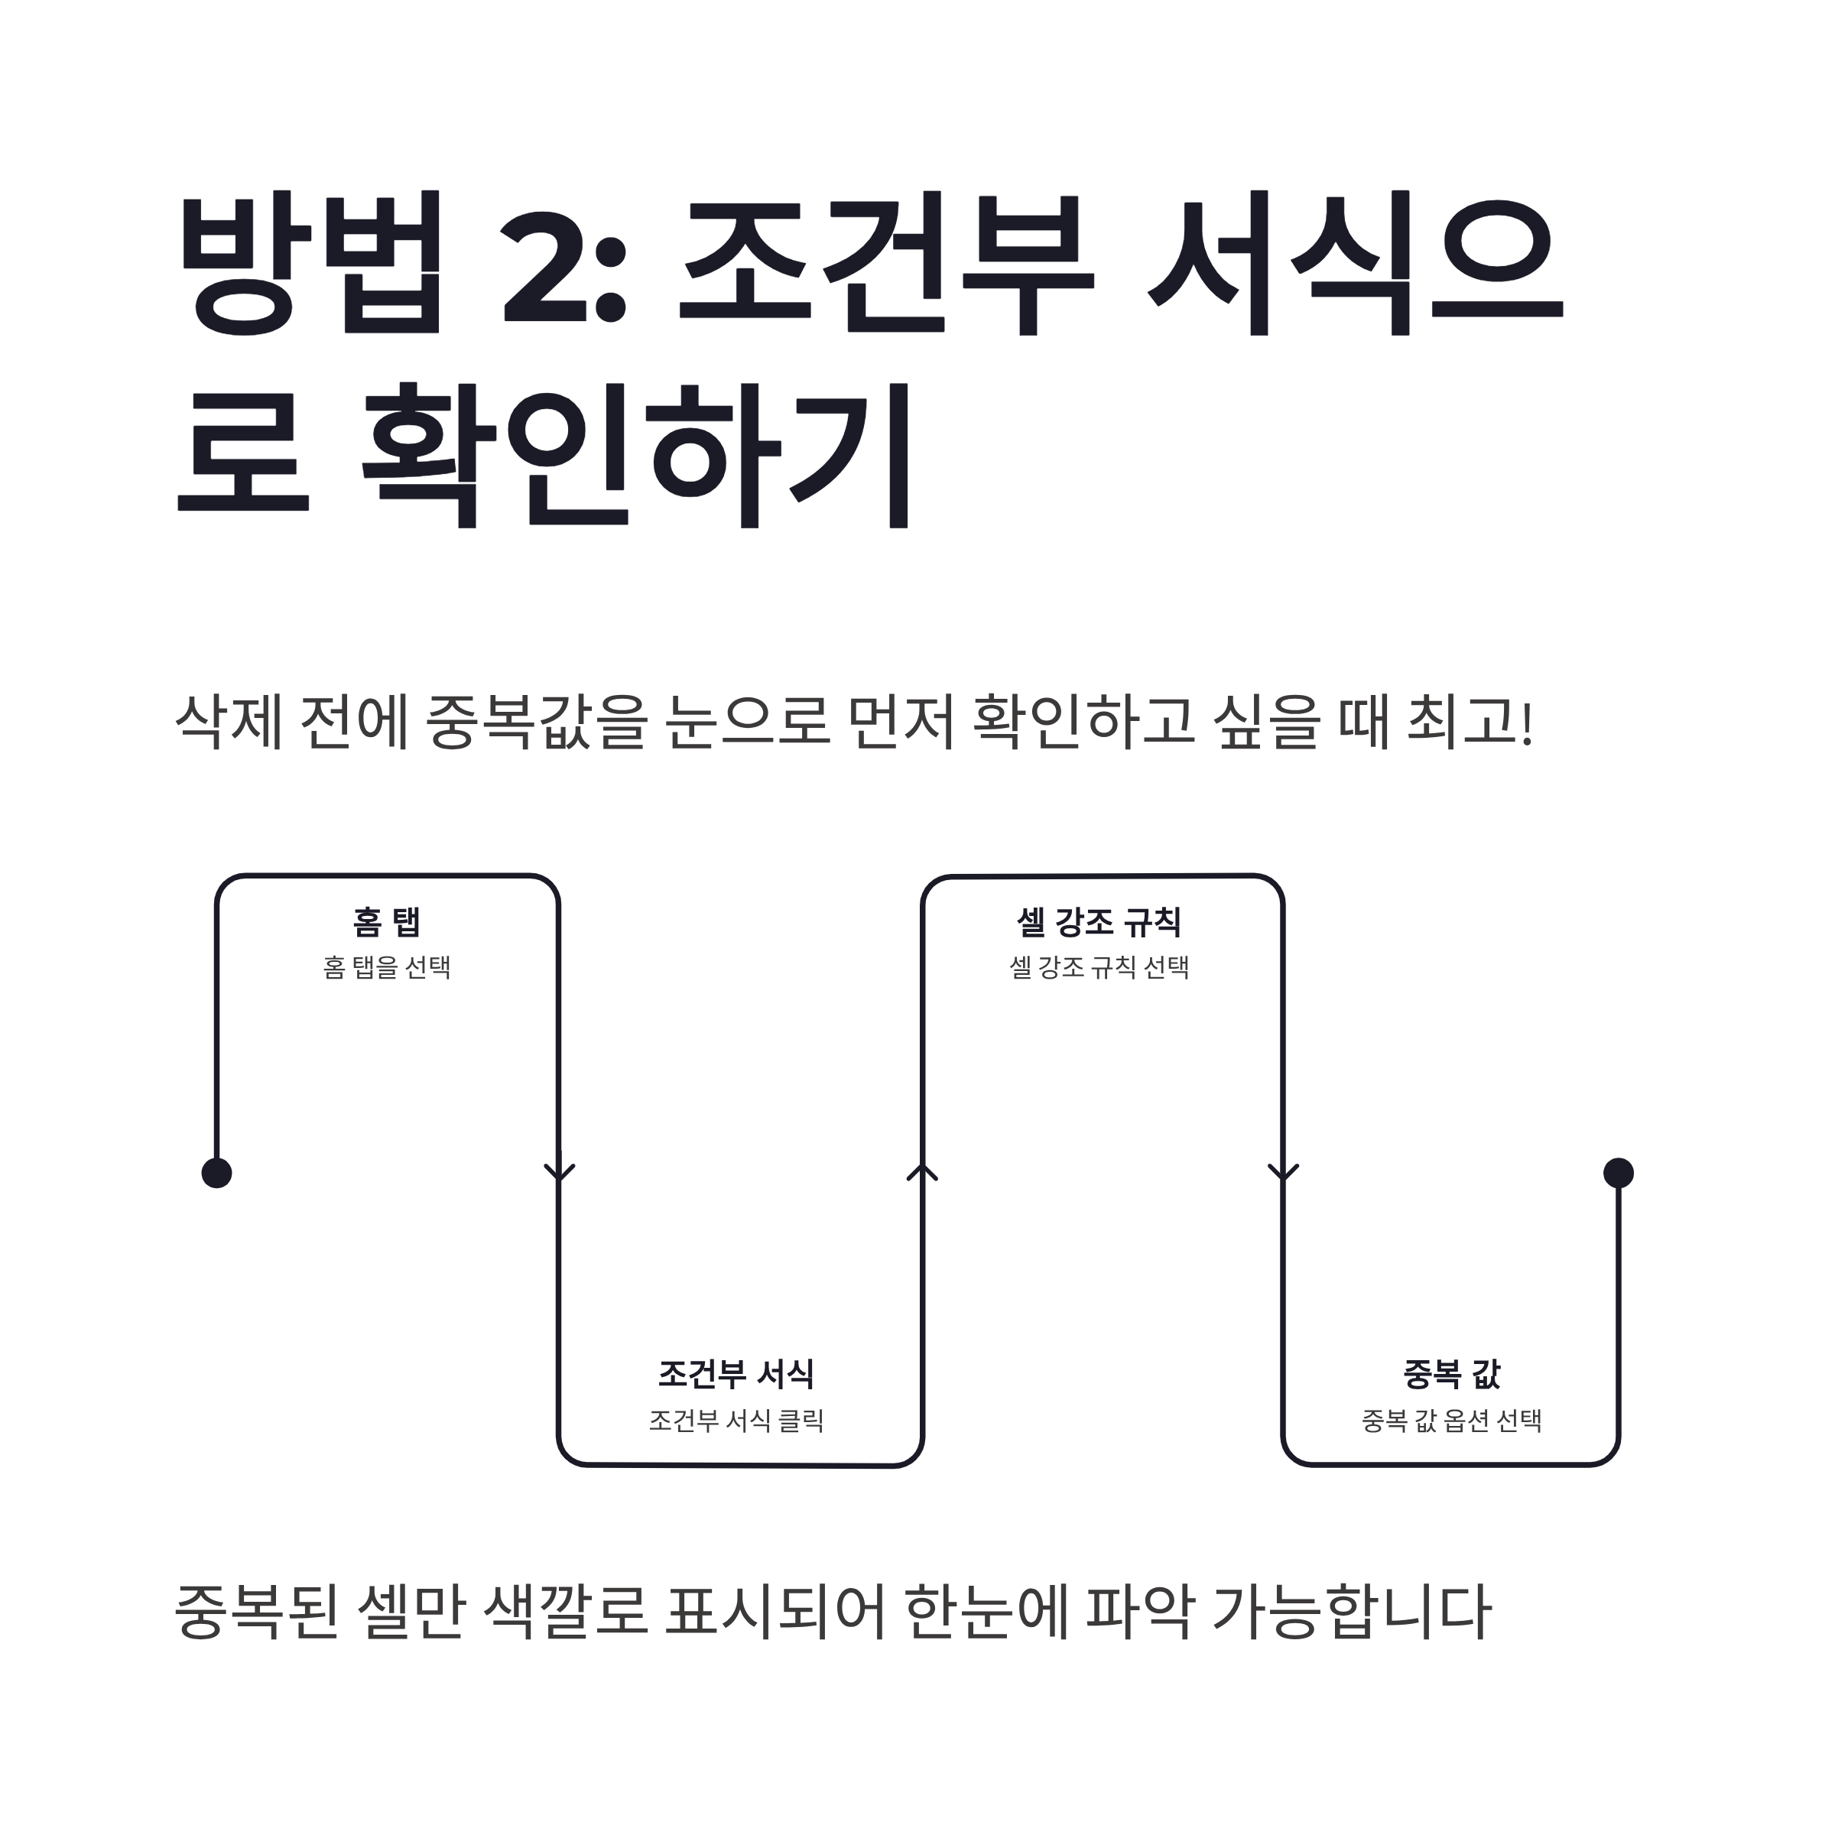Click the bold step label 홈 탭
coord(387,921)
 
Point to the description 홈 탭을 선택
coord(387,968)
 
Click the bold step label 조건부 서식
coord(736,1373)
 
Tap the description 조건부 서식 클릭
coord(736,1421)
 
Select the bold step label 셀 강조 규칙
coord(1099,921)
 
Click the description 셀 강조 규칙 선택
coord(1099,968)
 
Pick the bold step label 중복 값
coord(1451,1373)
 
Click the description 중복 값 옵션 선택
coord(1451,1421)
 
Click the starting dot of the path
coord(216,1173)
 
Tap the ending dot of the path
coord(1619,1173)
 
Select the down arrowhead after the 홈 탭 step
coord(560,1172)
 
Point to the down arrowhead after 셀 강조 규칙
coord(1283,1172)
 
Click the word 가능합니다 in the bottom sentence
coord(1353,1612)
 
